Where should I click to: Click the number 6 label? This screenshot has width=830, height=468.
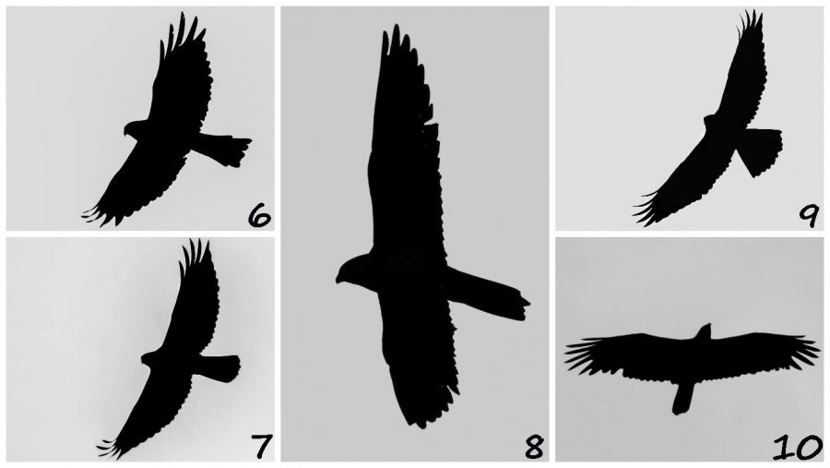point(259,216)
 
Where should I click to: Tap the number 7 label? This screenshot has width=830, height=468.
point(262,446)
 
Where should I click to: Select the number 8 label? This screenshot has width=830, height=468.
point(534,447)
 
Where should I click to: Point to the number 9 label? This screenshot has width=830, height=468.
point(808,216)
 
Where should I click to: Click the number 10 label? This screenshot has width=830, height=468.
point(798,448)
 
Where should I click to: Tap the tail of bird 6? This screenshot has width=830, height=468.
point(225,149)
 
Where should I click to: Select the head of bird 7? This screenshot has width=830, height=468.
point(149,358)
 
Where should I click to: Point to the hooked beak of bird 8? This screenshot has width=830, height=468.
point(338,278)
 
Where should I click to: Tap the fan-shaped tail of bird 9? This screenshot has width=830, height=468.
point(761,150)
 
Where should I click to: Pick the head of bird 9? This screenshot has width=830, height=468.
point(710,122)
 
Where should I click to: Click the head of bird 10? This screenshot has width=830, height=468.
point(704,331)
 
